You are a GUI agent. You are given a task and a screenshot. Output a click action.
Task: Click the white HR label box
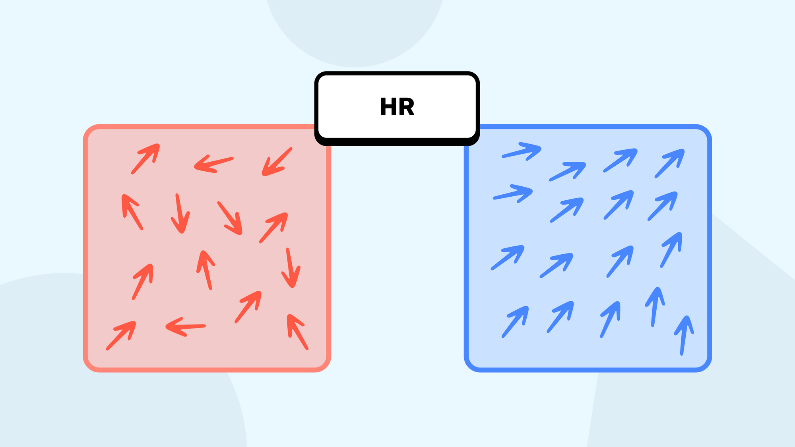tap(397, 108)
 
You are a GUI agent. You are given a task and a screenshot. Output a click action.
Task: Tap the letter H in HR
tap(388, 106)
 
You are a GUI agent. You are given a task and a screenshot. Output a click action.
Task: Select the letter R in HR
tap(406, 106)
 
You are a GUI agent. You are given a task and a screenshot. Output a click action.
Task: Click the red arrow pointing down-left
tap(277, 162)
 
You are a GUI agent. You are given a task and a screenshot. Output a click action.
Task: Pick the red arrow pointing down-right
tap(230, 218)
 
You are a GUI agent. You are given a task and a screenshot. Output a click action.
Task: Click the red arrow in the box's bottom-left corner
tap(121, 336)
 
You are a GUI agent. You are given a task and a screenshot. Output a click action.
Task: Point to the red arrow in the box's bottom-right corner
tap(297, 332)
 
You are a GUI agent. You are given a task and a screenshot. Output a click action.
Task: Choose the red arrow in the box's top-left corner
tap(145, 159)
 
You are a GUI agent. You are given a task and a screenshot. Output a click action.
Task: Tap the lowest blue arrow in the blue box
tap(684, 335)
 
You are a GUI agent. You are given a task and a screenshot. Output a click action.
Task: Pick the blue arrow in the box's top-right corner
tap(670, 163)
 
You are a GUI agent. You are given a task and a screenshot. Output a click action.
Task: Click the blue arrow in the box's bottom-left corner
tap(515, 322)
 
